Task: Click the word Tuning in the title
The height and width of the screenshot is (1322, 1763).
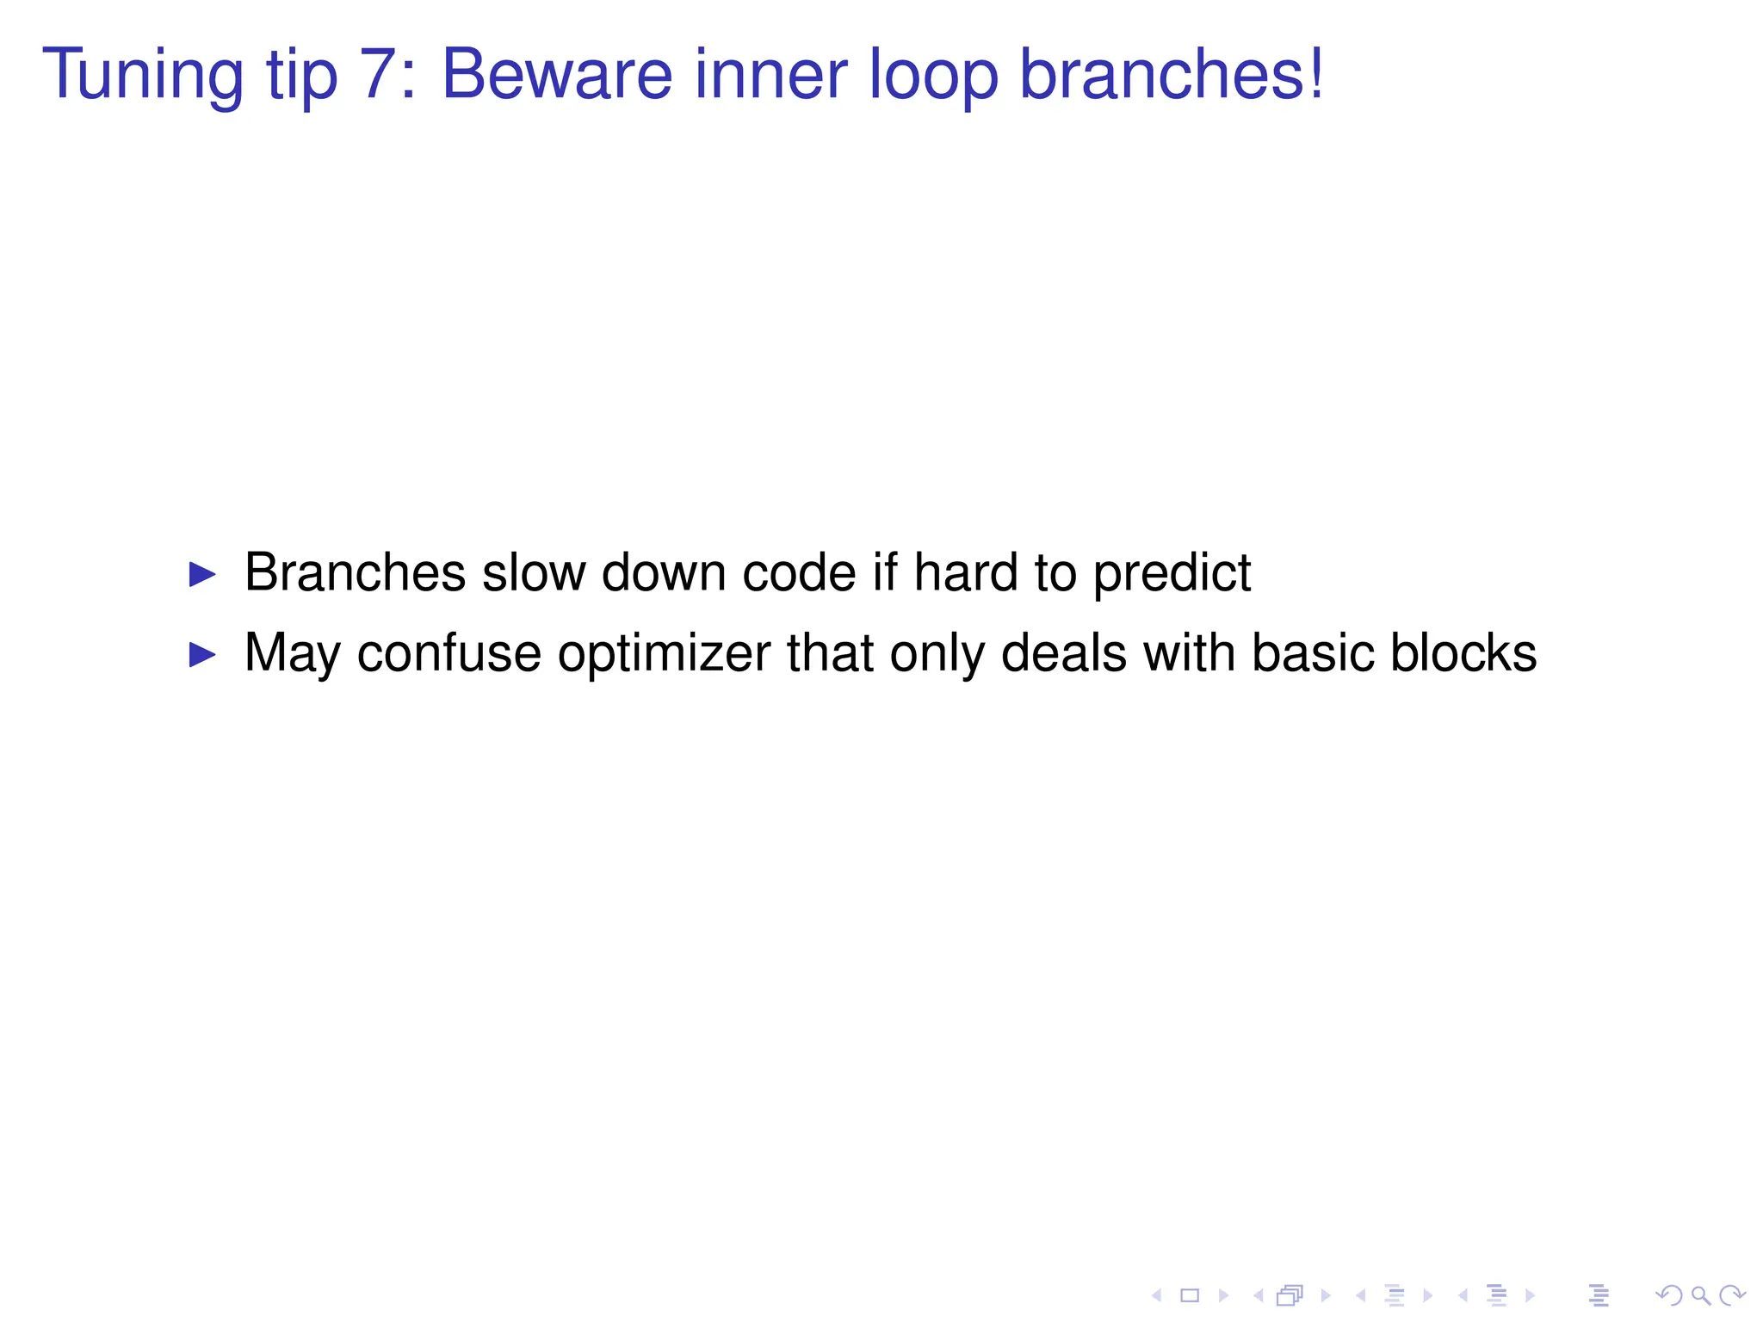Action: coord(143,75)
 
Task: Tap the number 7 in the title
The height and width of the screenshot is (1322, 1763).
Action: coord(378,75)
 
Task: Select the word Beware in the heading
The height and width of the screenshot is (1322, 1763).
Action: coord(556,75)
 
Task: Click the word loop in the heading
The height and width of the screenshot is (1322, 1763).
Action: coord(934,75)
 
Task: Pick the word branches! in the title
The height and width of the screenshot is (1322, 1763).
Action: coord(1172,75)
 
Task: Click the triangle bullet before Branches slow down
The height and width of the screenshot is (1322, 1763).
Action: coord(202,574)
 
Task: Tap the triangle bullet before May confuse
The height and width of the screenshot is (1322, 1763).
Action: coord(202,654)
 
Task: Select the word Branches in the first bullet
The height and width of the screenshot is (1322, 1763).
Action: coord(355,572)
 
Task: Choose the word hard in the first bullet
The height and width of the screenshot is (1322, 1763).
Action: coord(965,572)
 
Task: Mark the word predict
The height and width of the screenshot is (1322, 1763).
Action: coord(1172,574)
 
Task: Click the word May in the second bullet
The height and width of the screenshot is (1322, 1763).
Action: coord(293,654)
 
